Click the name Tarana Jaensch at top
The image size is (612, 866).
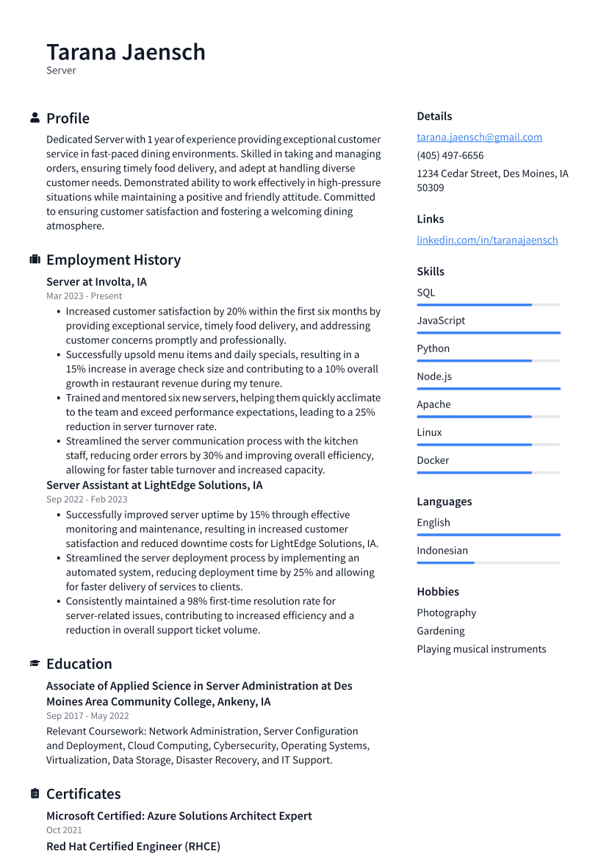pyautogui.click(x=126, y=52)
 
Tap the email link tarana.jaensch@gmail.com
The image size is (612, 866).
pyautogui.click(x=479, y=137)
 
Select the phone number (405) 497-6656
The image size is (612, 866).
pyautogui.click(x=450, y=155)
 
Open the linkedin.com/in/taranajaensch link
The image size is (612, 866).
pyautogui.click(x=487, y=240)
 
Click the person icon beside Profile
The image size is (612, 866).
pyautogui.click(x=35, y=118)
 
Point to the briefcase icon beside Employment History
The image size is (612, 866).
pyautogui.click(x=35, y=260)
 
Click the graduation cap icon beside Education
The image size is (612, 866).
pyautogui.click(x=35, y=664)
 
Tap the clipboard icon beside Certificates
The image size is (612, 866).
pyautogui.click(x=35, y=794)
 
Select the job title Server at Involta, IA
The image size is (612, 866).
pyautogui.click(x=96, y=282)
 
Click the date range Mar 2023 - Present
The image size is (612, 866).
pyautogui.click(x=84, y=296)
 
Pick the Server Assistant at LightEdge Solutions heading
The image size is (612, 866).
pyautogui.click(x=154, y=485)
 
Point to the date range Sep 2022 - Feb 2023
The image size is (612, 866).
pyautogui.click(x=87, y=499)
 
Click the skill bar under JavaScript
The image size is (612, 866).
pyautogui.click(x=489, y=332)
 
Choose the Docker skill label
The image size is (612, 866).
pyautogui.click(x=433, y=460)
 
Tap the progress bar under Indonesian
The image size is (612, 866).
pyautogui.click(x=489, y=562)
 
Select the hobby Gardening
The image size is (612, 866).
pyautogui.click(x=441, y=631)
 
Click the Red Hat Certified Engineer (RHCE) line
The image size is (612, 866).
pyautogui.click(x=133, y=846)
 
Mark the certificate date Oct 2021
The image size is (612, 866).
pyautogui.click(x=64, y=830)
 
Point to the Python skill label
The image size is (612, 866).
pyautogui.click(x=433, y=348)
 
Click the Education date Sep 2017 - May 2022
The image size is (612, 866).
pyautogui.click(x=87, y=715)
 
